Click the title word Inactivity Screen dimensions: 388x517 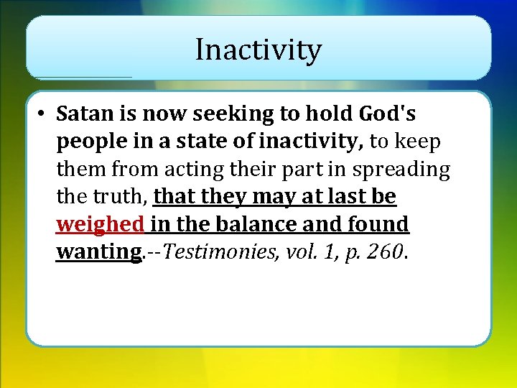click(258, 50)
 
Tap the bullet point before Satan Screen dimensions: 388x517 click(43, 115)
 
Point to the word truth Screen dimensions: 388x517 click(124, 197)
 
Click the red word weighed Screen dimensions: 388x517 click(101, 225)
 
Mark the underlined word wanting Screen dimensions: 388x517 click(98, 252)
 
